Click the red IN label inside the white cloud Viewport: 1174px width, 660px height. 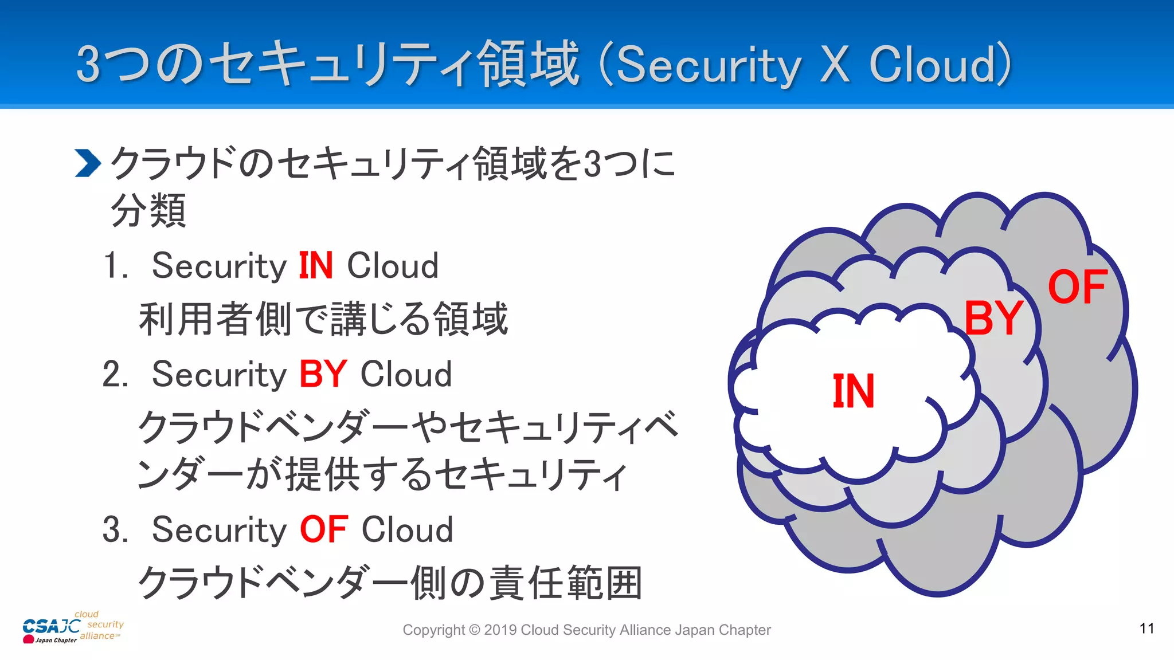[x=853, y=391]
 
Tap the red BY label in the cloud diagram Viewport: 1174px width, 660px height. [x=993, y=318]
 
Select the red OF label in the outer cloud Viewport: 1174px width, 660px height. [x=1077, y=287]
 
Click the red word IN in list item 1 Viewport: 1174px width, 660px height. [x=316, y=266]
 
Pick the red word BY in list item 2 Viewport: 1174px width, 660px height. [x=323, y=375]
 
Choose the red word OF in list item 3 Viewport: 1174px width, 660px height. [x=323, y=529]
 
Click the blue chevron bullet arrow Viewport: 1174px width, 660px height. [x=88, y=163]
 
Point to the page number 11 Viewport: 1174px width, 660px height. [x=1146, y=628]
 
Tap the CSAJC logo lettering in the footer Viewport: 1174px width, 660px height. [x=50, y=626]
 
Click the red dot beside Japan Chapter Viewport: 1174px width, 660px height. [x=28, y=639]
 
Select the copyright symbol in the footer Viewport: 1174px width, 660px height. [x=474, y=630]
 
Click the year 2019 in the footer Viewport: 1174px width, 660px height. [x=500, y=630]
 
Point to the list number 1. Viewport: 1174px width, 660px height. [x=115, y=266]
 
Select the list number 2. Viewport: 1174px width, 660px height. [x=115, y=375]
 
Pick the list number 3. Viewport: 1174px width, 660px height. [x=115, y=529]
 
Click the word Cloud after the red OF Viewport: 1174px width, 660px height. [x=407, y=529]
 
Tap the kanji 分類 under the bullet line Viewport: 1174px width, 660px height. [x=148, y=211]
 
